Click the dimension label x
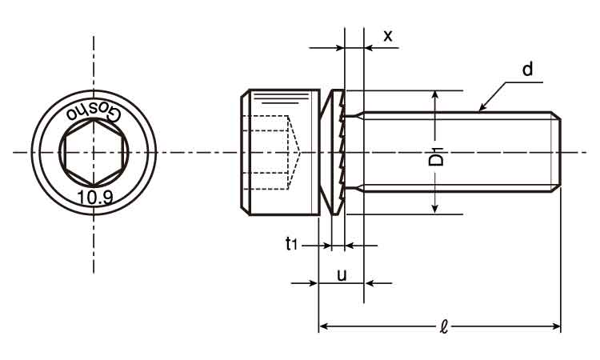tap(388, 36)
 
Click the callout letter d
tap(527, 70)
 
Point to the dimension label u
tap(342, 275)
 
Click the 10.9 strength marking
tap(94, 197)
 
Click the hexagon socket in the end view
tap(94, 152)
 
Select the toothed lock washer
tap(337, 152)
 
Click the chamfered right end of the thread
tap(556, 152)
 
